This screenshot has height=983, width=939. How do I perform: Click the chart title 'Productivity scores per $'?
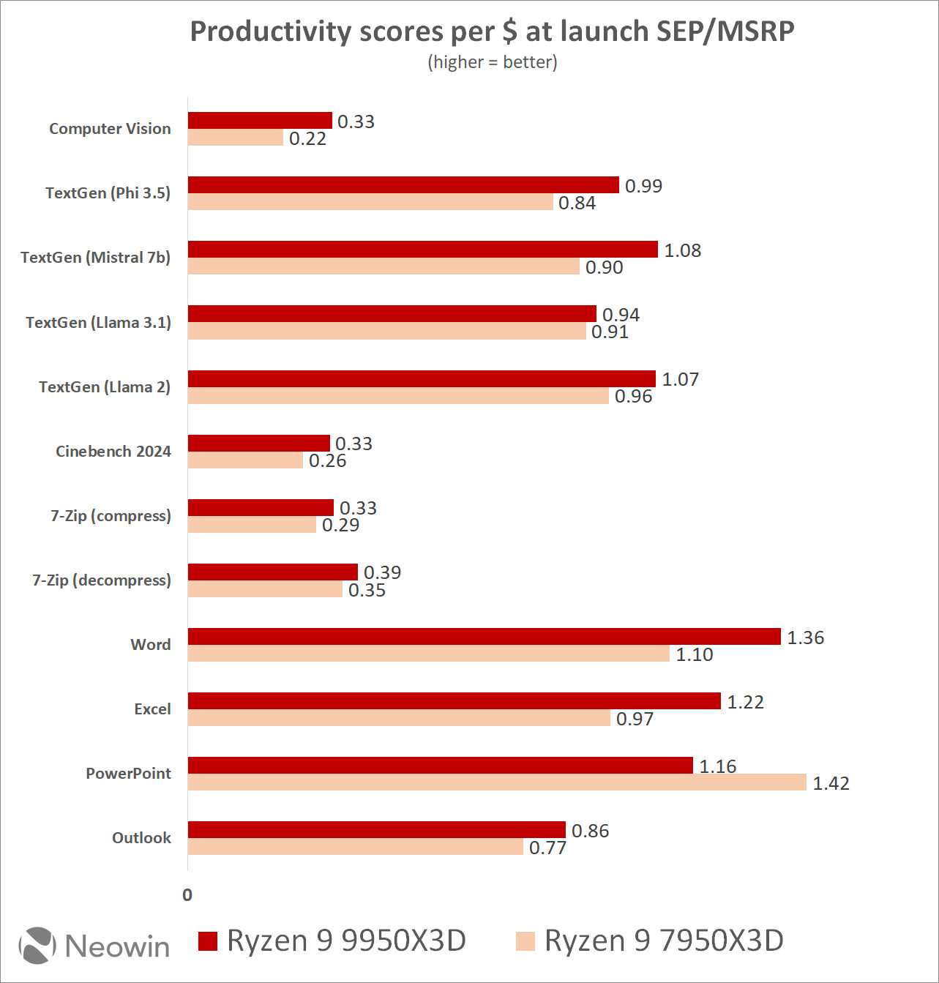492,31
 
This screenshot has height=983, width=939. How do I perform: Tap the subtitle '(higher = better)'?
492,62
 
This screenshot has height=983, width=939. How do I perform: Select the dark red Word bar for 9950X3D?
484,637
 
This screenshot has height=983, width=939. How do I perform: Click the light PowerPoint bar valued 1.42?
497,782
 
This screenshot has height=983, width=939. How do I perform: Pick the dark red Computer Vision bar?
260,121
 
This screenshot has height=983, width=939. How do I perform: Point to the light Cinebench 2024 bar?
245,460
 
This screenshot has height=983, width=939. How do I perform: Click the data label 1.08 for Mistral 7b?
682,250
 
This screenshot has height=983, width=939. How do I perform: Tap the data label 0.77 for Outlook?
547,848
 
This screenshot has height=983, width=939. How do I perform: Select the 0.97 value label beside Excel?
635,719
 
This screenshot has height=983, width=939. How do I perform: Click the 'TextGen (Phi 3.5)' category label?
108,193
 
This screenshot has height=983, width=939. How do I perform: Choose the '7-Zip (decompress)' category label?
102,580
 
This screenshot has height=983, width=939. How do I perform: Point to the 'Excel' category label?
152,709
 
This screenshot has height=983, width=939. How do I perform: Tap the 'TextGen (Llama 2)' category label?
105,387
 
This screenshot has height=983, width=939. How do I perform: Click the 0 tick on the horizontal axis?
187,895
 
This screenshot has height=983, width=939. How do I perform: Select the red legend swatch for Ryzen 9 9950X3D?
208,941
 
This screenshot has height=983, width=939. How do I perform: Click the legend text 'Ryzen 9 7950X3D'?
663,941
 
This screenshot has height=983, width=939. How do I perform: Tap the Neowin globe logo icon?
37,945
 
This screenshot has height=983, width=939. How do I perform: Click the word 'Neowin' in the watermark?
117,946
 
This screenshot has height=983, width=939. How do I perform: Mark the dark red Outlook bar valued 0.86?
376,830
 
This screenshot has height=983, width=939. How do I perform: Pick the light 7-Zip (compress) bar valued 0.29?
252,525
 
